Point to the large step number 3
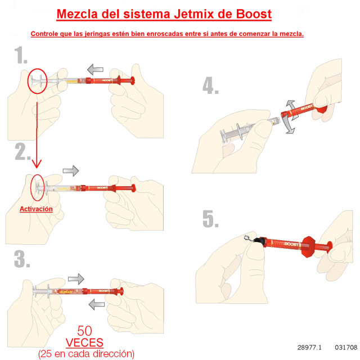(x=22, y=259)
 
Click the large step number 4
(x=211, y=87)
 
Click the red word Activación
(x=36, y=209)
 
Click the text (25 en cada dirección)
(x=86, y=354)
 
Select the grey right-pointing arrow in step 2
(x=70, y=170)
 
